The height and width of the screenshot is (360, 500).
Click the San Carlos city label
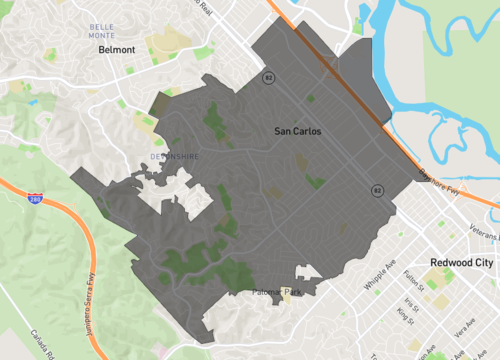click(297, 131)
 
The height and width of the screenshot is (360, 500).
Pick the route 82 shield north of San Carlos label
click(267, 77)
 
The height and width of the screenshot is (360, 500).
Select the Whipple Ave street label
click(379, 281)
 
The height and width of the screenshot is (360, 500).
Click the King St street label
click(404, 316)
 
